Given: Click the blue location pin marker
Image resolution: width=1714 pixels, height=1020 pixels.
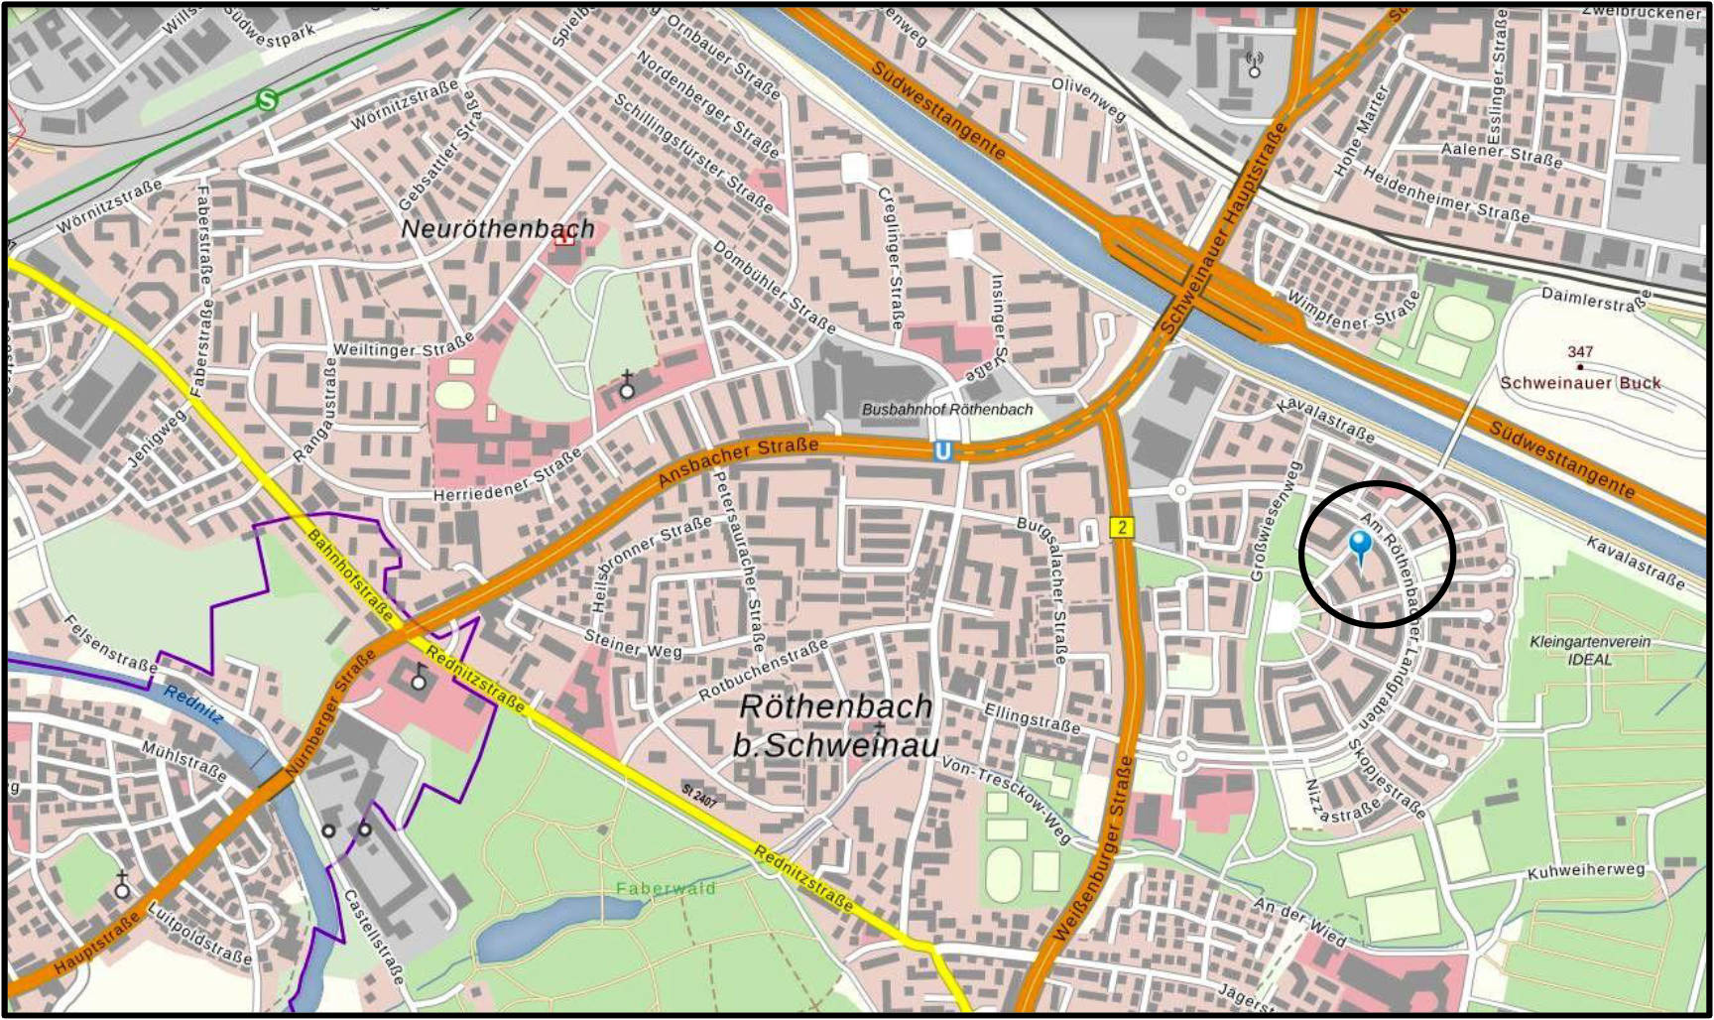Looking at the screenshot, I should point(1360,546).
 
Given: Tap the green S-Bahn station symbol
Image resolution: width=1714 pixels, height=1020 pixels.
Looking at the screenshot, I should point(267,100).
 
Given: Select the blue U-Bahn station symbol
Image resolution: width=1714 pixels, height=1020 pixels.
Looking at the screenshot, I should point(942,451).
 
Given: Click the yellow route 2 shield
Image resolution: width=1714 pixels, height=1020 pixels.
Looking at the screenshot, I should point(1121,527).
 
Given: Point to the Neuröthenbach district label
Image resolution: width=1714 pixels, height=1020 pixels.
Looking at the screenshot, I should point(498,229).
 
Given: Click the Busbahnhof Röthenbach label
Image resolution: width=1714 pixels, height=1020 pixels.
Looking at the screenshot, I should point(946,409).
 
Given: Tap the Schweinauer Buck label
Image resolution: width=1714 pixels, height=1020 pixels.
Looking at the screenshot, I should point(1579,383).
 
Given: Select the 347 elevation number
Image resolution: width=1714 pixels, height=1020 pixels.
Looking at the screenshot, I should point(1580,351).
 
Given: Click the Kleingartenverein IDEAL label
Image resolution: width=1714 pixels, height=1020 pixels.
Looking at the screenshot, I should point(1590,650).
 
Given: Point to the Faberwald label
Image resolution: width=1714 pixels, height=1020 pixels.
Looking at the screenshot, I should point(666,888).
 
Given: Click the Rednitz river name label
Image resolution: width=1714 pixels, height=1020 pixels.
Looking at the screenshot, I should point(194,703).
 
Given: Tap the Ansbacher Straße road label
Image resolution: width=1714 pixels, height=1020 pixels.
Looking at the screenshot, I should point(739,462).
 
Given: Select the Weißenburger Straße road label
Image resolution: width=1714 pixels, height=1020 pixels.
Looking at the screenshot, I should point(1091,848).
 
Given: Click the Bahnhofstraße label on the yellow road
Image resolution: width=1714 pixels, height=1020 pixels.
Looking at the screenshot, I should point(350,574).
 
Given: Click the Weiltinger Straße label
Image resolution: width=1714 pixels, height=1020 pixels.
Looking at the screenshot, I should point(403,348).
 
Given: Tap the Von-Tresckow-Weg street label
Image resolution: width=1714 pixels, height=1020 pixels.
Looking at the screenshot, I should point(1007,800).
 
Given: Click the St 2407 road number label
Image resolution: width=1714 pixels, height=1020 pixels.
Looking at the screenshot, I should point(699,795).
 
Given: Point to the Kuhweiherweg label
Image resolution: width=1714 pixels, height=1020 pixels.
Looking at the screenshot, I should point(1586,871).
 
